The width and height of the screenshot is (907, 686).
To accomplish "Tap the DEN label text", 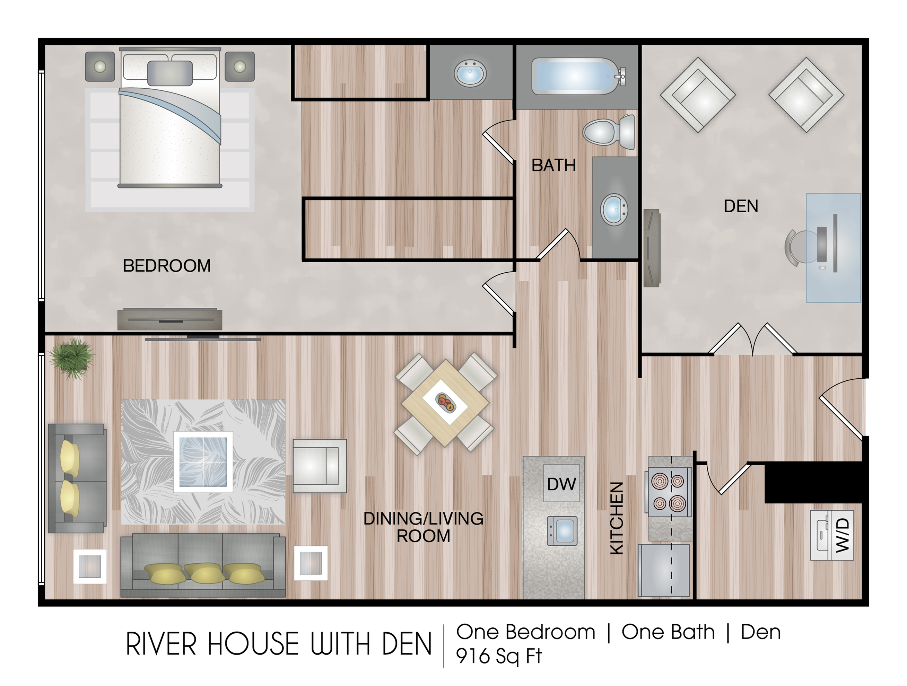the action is (741, 206).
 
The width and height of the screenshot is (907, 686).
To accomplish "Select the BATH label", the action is (553, 165).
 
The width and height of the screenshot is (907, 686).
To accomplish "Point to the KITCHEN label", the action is (617, 518).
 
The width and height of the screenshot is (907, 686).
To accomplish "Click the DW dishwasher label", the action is (561, 484).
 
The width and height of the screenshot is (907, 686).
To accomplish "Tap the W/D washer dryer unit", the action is (832, 535).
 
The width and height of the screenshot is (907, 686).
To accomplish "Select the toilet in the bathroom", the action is (609, 132).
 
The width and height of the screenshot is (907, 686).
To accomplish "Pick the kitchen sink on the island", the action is (562, 531).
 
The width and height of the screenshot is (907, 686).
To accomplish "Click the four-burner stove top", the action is (668, 492).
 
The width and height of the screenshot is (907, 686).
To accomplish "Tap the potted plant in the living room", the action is (72, 358).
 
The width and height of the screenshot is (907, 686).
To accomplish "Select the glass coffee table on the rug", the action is (203, 462).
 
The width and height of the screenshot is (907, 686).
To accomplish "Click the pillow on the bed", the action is (170, 73).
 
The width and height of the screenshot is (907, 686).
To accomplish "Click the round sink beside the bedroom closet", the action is (470, 73).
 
